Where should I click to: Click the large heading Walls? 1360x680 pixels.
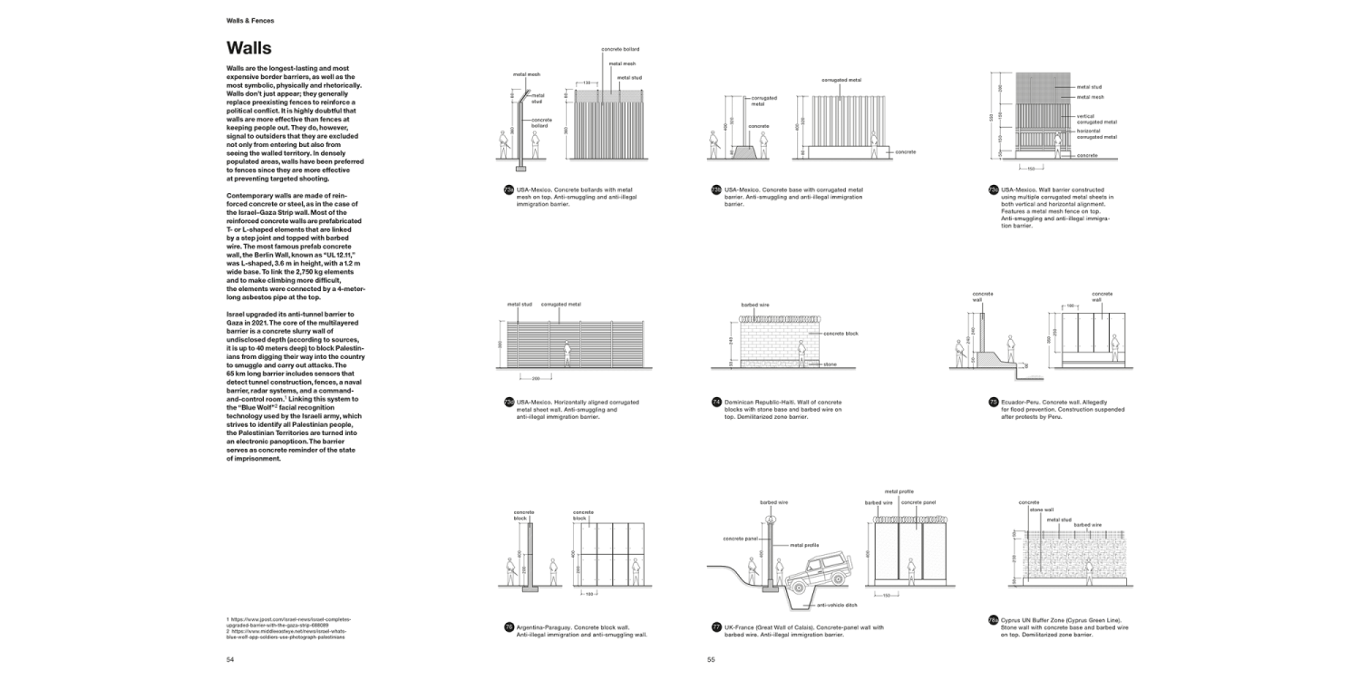click(x=248, y=48)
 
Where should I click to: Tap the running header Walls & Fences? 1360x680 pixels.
click(x=250, y=19)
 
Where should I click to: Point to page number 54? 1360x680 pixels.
click(x=230, y=660)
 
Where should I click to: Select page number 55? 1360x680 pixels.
click(x=712, y=660)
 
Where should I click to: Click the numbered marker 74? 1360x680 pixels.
click(x=716, y=402)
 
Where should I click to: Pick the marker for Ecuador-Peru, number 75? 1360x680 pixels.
click(x=993, y=402)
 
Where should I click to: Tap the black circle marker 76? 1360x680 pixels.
click(x=509, y=627)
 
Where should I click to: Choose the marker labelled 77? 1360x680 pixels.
click(x=716, y=627)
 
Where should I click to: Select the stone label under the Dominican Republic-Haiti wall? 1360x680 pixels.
click(x=831, y=364)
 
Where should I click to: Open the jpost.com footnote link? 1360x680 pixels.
click(x=288, y=621)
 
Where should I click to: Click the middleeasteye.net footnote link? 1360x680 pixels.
click(x=288, y=633)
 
